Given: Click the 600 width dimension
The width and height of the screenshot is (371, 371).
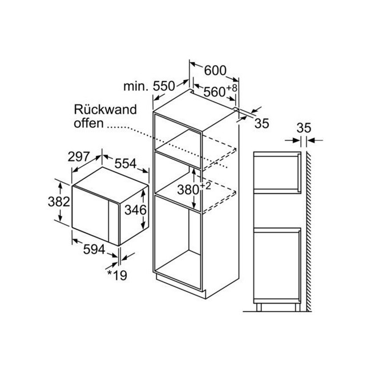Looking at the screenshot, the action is [x=215, y=71].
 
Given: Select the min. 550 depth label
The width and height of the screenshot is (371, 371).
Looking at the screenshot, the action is [x=149, y=86].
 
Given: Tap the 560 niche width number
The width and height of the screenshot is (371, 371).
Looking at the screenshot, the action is [x=215, y=92].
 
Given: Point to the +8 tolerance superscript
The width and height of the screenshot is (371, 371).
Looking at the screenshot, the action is [x=232, y=88].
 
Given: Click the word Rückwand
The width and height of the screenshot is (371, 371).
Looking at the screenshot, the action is [x=105, y=110].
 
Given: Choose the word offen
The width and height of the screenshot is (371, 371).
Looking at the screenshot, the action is [x=88, y=123].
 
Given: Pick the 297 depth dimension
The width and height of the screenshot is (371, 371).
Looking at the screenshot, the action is [x=79, y=156].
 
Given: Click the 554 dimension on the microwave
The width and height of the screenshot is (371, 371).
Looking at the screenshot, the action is [x=126, y=163].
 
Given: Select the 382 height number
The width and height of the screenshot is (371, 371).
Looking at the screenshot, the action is [x=59, y=202].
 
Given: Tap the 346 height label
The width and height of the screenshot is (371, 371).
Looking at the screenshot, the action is [x=136, y=210].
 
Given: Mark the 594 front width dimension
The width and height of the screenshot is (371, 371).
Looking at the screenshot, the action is [x=94, y=249].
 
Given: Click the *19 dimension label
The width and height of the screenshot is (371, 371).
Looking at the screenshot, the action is [x=117, y=275].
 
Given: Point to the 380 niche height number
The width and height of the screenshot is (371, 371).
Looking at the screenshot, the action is [x=188, y=189].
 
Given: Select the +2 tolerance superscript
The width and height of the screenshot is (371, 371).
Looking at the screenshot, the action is [x=205, y=186].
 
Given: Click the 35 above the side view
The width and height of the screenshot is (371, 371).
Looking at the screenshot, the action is [x=304, y=128].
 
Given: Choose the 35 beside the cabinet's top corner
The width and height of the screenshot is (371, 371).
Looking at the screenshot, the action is [x=262, y=123].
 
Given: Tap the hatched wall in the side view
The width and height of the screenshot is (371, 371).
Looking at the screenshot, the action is [x=309, y=231].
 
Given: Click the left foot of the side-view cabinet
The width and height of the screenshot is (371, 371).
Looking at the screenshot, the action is [x=259, y=307].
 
